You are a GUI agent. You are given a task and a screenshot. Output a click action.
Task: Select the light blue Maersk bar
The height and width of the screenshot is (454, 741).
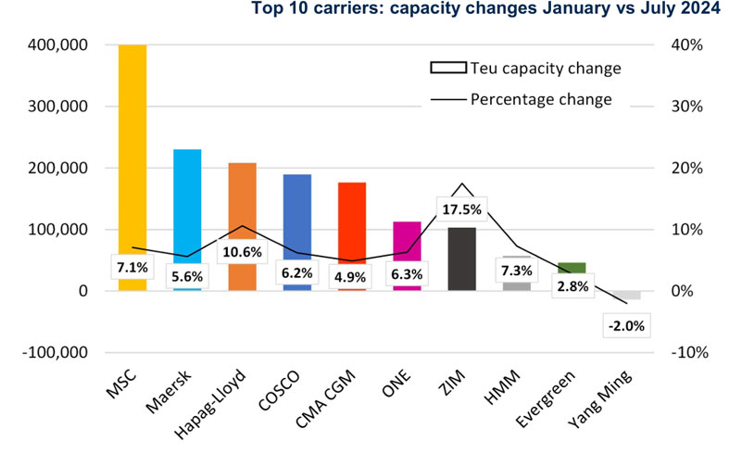187,204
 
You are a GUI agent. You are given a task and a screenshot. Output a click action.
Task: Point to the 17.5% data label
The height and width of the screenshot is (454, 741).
461,208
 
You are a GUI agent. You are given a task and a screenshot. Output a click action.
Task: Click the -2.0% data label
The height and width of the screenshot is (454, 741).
625,325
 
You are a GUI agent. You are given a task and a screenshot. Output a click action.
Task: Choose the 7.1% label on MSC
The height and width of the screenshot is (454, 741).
132,268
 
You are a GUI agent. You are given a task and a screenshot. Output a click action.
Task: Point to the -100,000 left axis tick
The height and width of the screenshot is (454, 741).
57,353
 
